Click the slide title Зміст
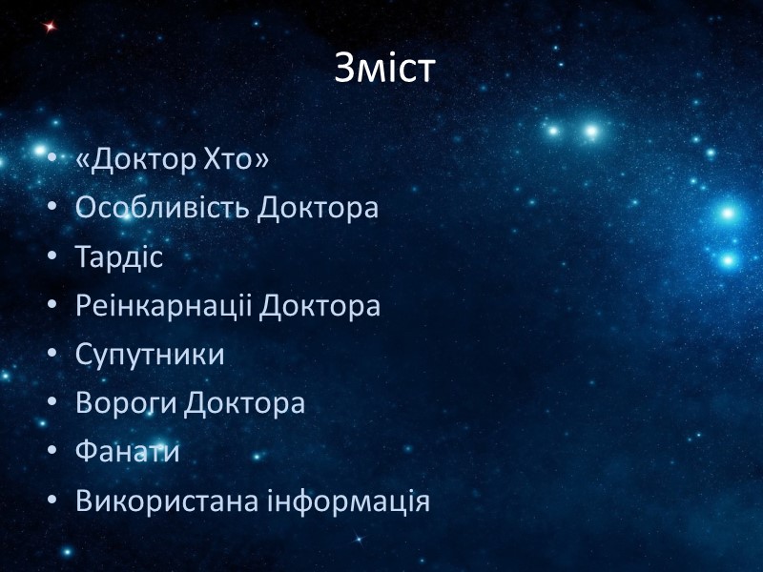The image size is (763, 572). (384, 67)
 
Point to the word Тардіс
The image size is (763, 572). (120, 256)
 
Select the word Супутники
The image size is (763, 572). (151, 355)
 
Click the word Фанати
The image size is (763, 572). (128, 452)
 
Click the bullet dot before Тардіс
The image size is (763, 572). (52, 257)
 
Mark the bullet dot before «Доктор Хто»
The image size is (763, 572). (52, 160)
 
